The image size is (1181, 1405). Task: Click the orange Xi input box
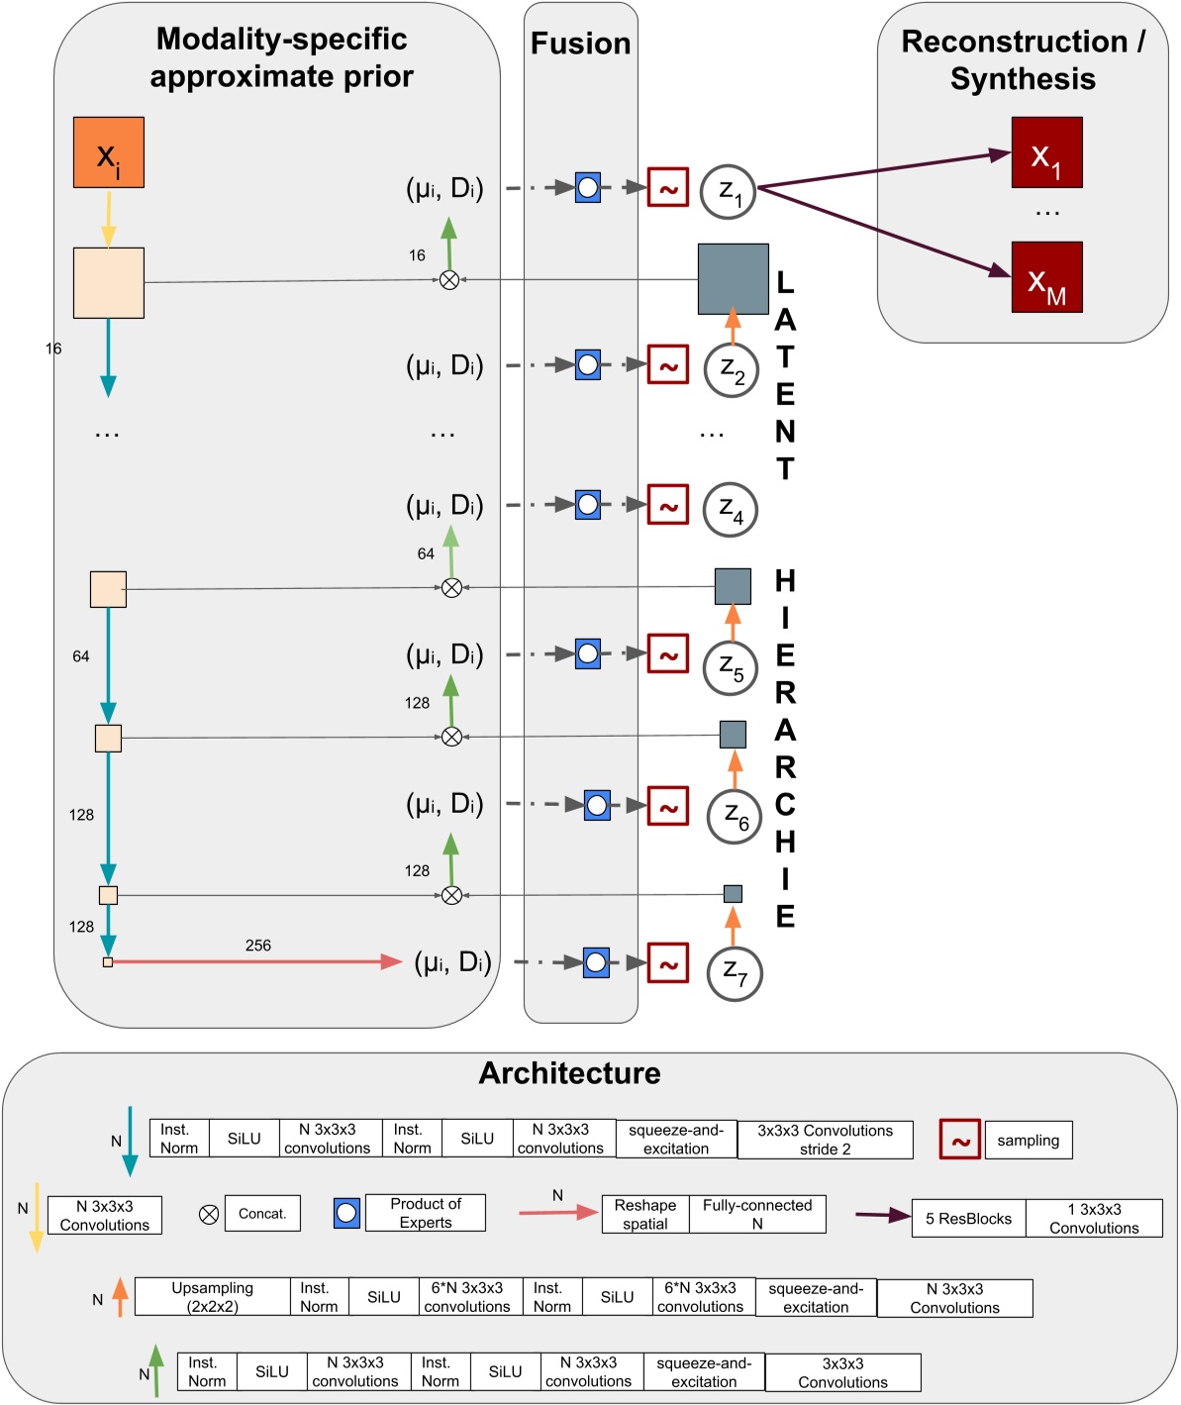point(109,152)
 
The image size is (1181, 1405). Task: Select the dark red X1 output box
point(1046,152)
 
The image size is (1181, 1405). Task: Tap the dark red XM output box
point(1046,277)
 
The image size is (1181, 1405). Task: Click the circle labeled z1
point(729,192)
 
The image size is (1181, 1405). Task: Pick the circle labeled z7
point(734,973)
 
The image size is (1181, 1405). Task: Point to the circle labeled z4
point(731,510)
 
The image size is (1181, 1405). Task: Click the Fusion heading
point(580,44)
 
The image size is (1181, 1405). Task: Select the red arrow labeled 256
point(257,961)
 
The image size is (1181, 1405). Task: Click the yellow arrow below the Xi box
point(109,218)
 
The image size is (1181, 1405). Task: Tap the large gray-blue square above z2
point(733,279)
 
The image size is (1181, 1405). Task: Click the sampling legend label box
point(1028,1141)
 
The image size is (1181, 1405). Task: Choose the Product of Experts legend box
point(425,1213)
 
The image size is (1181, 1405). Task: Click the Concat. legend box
point(262,1214)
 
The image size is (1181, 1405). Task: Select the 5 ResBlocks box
point(968,1219)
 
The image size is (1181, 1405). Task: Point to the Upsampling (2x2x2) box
point(213,1297)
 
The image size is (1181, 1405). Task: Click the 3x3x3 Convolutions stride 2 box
point(825,1140)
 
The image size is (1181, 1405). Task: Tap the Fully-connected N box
point(757,1214)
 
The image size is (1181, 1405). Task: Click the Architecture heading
point(569,1073)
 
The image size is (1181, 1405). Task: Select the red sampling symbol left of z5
point(667,654)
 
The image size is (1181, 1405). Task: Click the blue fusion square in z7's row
point(596,962)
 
